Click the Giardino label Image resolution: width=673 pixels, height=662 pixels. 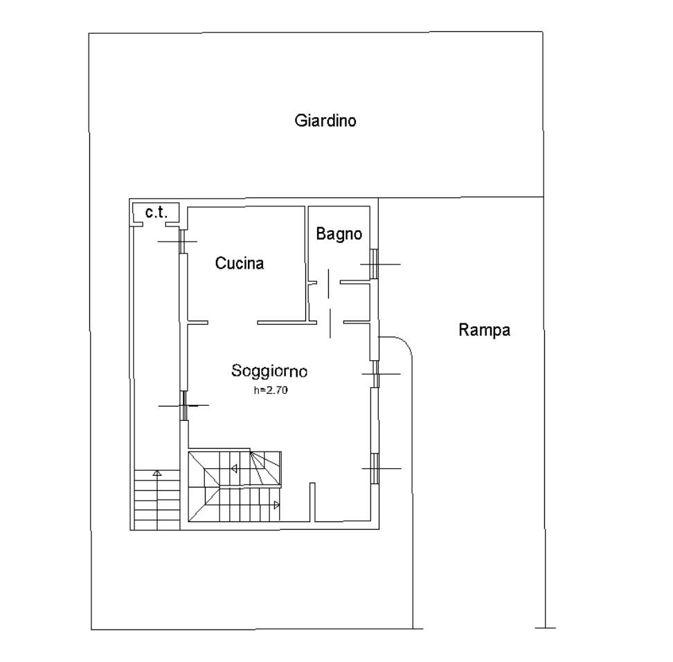click(325, 120)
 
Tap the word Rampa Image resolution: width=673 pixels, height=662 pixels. click(485, 330)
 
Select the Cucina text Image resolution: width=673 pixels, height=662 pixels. click(240, 263)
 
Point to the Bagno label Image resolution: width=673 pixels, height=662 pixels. click(339, 233)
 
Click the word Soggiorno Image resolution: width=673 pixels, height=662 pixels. click(269, 371)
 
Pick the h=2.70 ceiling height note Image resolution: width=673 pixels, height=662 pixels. click(271, 391)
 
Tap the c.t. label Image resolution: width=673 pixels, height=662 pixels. click(156, 212)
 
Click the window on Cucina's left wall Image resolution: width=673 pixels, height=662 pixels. click(182, 241)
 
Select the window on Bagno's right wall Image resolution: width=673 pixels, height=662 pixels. click(375, 264)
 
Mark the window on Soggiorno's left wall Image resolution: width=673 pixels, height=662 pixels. click(183, 405)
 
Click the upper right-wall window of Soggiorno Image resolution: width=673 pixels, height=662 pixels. click(375, 374)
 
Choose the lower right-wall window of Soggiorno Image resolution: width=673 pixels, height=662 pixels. click(375, 468)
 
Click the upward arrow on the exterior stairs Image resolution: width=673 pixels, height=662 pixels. click(157, 473)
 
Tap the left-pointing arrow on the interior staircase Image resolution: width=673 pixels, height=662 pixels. click(234, 468)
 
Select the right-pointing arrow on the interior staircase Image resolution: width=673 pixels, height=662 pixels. click(277, 506)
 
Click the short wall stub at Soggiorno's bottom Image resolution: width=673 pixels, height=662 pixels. click(312, 502)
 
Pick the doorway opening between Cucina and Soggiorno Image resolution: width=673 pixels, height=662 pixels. click(233, 323)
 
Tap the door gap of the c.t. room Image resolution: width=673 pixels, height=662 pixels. click(154, 224)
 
